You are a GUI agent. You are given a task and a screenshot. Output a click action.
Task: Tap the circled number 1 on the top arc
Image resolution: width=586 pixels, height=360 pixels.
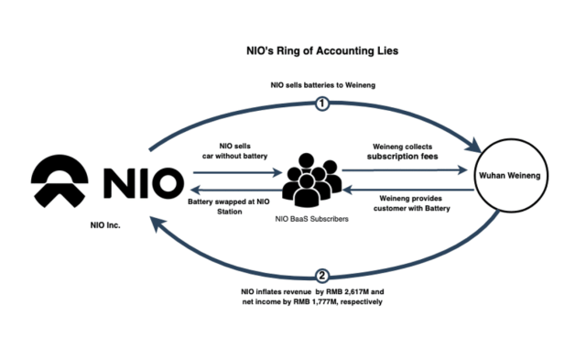click(x=321, y=104)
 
